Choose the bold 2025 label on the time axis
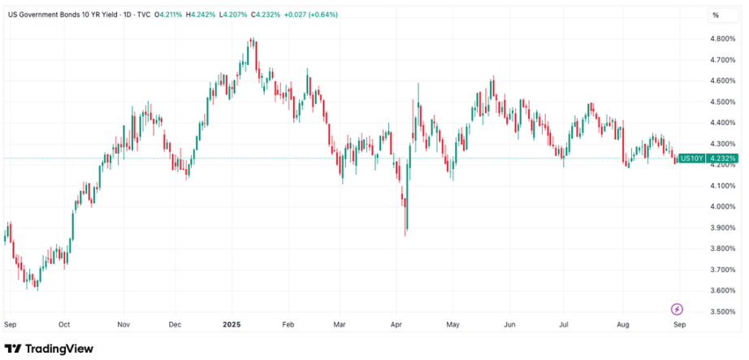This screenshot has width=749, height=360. [x=232, y=323]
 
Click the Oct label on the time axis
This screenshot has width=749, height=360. [x=64, y=323]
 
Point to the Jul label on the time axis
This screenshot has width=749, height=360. [x=562, y=323]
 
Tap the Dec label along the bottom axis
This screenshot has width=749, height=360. [x=174, y=323]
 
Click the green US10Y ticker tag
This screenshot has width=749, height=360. [x=691, y=158]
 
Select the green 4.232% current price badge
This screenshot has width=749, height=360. [x=721, y=158]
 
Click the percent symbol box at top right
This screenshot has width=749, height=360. [x=716, y=15]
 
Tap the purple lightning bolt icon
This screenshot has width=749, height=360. [x=677, y=309]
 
